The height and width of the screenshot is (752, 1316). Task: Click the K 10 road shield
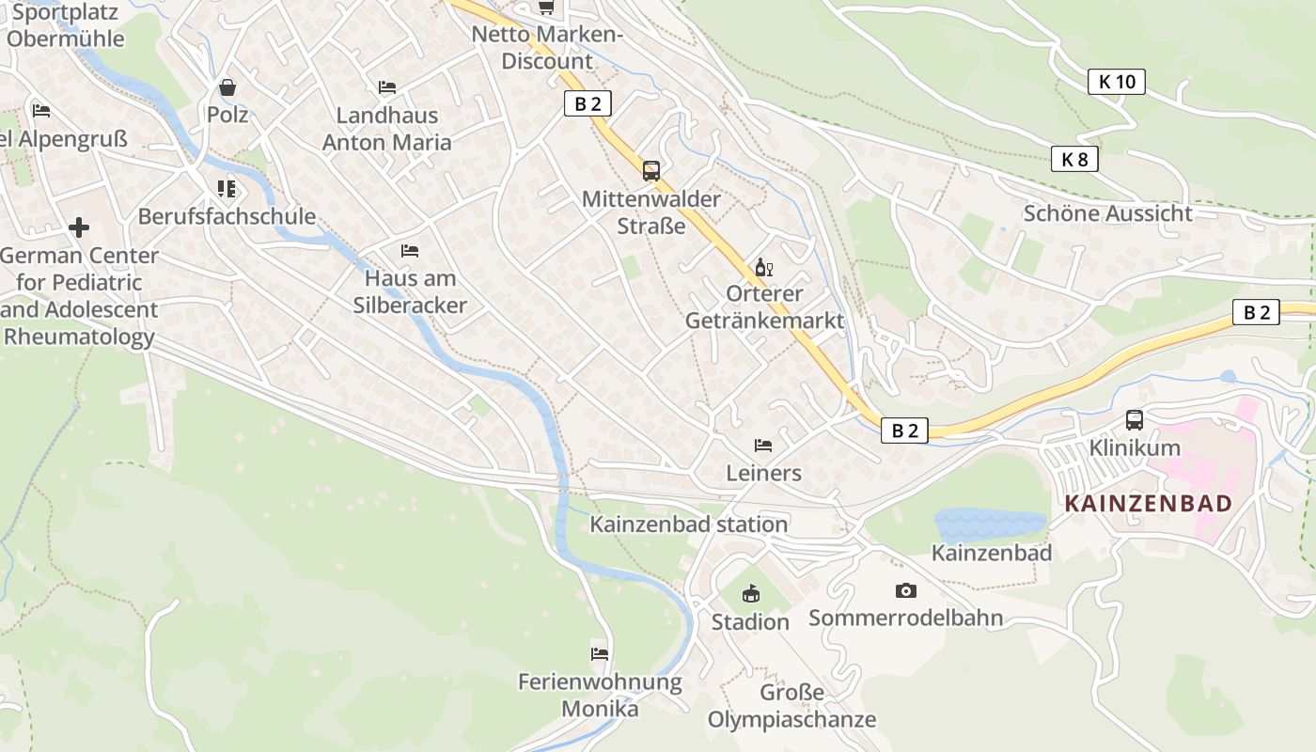pyautogui.click(x=1117, y=82)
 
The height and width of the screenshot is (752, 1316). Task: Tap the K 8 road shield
pyautogui.click(x=1074, y=160)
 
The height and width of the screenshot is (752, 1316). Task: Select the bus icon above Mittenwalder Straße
pyautogui.click(x=650, y=171)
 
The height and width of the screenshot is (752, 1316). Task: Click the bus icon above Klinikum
pyautogui.click(x=1135, y=419)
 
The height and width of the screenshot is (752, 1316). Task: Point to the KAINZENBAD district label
pyautogui.click(x=1147, y=503)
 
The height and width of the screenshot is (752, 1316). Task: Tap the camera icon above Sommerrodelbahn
pyautogui.click(x=905, y=590)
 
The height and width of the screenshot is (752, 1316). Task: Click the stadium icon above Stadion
pyautogui.click(x=750, y=594)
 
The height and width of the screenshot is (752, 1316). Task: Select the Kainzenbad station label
pyautogui.click(x=688, y=525)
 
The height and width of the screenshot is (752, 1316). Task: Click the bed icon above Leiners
pyautogui.click(x=763, y=445)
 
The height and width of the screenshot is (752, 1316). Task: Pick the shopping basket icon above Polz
pyautogui.click(x=227, y=87)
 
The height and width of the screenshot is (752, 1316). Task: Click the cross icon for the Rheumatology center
pyautogui.click(x=79, y=227)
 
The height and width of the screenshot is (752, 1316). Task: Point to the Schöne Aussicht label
pyautogui.click(x=1107, y=213)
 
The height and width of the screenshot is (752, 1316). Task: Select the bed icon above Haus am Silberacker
pyautogui.click(x=410, y=251)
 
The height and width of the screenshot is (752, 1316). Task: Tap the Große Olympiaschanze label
pyautogui.click(x=791, y=707)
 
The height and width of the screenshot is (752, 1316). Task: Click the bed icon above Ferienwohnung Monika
pyautogui.click(x=600, y=653)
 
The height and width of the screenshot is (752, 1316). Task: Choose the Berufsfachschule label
pyautogui.click(x=227, y=216)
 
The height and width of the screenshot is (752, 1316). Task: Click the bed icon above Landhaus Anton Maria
pyautogui.click(x=386, y=87)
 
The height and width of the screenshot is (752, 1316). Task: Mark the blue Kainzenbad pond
pyautogui.click(x=990, y=525)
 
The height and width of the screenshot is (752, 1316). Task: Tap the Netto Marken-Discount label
pyautogui.click(x=547, y=48)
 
